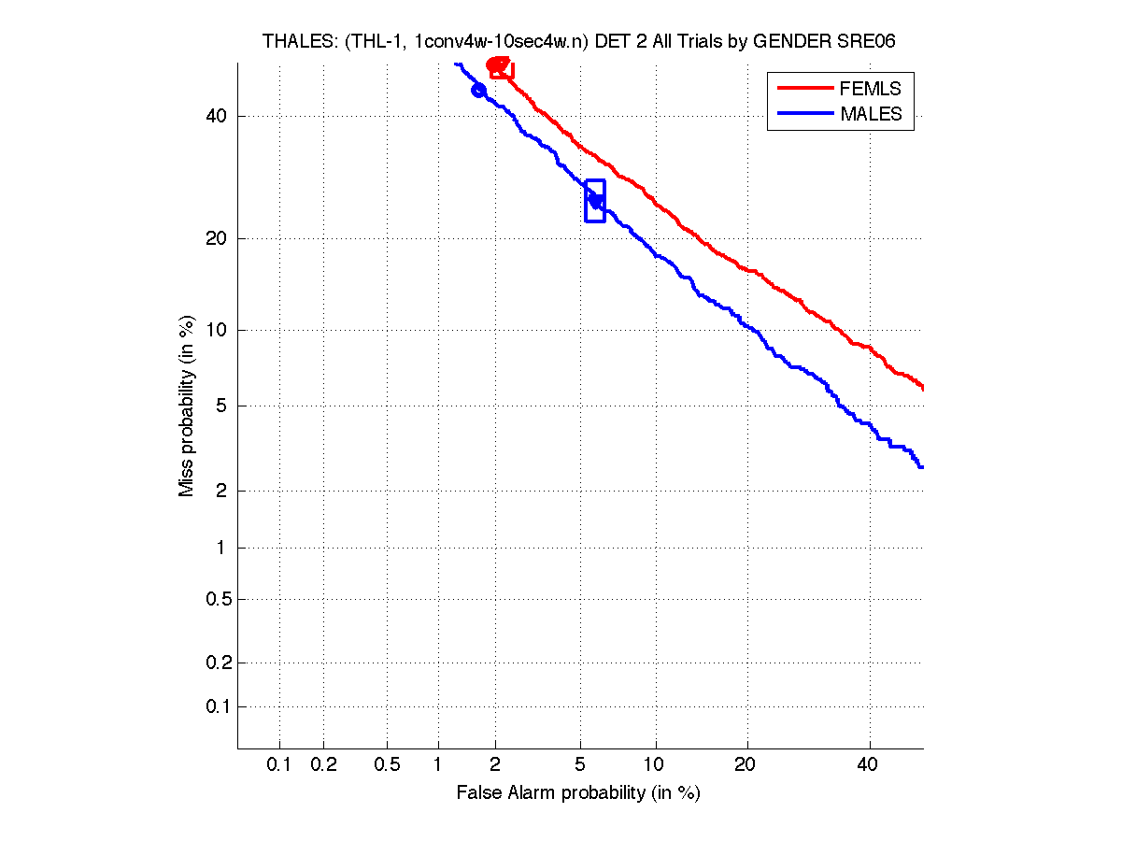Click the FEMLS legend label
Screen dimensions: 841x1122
[x=871, y=89]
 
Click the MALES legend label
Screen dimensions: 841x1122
[x=872, y=114]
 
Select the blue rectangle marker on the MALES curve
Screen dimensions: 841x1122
[x=595, y=201]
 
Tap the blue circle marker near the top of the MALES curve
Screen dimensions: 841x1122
[x=478, y=91]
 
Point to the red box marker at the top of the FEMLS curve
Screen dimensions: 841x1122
[x=502, y=67]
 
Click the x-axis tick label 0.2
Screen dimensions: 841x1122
[x=323, y=765]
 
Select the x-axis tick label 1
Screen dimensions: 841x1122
[x=438, y=765]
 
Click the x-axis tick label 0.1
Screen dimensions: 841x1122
[x=279, y=765]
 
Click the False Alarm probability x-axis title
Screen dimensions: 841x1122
[x=578, y=793]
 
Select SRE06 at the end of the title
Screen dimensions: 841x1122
[x=873, y=41]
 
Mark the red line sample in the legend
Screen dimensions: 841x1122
[x=804, y=89]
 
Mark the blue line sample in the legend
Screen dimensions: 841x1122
[x=804, y=114]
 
